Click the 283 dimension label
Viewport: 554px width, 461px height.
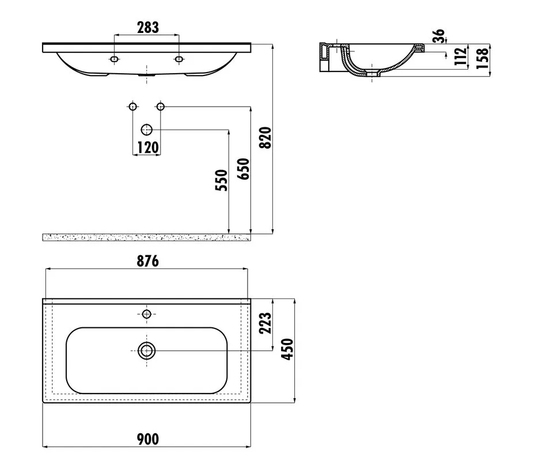click(x=147, y=27)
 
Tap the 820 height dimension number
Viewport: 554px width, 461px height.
click(x=265, y=138)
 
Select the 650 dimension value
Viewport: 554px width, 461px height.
click(x=244, y=169)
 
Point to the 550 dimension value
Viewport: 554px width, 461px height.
click(x=222, y=180)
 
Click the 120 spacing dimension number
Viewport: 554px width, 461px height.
click(x=147, y=147)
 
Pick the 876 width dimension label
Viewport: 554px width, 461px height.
click(x=147, y=261)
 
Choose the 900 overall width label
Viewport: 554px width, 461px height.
click(x=147, y=439)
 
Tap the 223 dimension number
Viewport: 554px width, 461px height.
click(x=265, y=323)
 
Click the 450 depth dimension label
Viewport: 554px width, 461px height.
click(x=287, y=349)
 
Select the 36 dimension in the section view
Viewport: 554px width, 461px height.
click(x=439, y=36)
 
